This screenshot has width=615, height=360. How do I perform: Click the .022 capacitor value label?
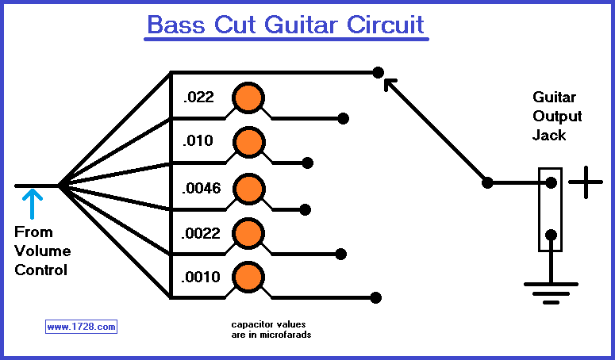(198, 98)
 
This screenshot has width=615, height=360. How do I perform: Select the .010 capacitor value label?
(198, 142)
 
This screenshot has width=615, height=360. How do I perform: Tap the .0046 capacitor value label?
(202, 188)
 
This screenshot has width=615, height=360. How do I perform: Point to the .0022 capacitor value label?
(202, 234)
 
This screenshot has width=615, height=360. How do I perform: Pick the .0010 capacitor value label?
(202, 278)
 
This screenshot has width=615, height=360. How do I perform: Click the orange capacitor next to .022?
(248, 98)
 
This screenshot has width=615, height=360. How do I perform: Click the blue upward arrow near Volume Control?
(33, 204)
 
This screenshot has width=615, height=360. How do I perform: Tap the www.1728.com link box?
(81, 326)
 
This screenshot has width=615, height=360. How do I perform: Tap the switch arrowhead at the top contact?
(389, 82)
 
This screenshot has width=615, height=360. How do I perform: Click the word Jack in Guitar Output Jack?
(548, 135)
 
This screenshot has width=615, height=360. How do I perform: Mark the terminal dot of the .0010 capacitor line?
(376, 297)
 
